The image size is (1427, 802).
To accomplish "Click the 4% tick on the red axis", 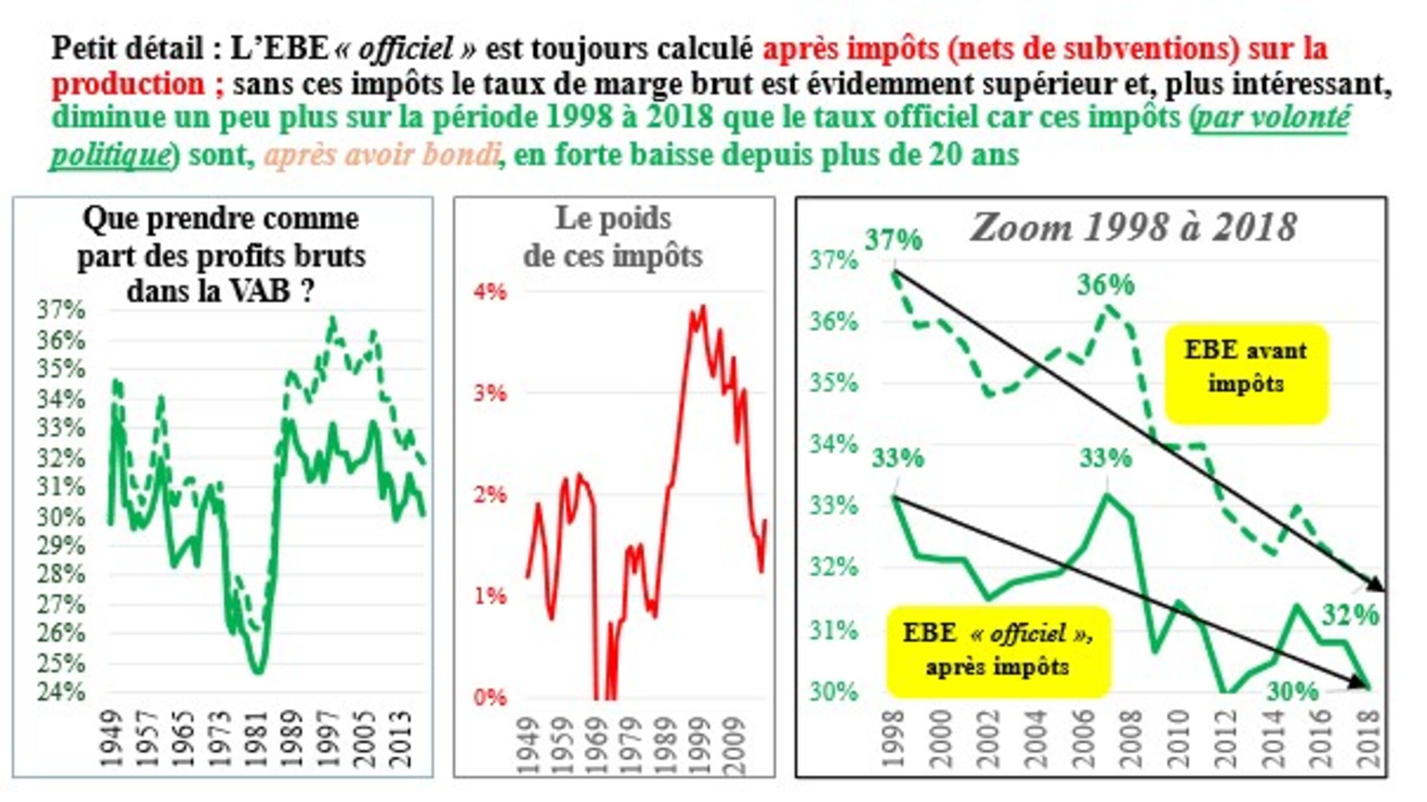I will (490, 291).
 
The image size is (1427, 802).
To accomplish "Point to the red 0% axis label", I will (490, 698).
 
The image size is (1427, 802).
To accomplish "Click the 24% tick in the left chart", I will (60, 692).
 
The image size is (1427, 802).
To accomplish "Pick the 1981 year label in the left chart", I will (257, 740).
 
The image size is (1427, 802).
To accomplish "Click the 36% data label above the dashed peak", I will (1105, 285).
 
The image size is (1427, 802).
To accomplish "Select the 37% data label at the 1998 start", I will (893, 240).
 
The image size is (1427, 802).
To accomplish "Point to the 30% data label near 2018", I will (1292, 692).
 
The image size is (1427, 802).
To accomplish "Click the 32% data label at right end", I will (1350, 615).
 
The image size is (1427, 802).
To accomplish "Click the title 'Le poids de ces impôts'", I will (613, 237).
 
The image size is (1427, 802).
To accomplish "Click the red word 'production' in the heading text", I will (128, 84).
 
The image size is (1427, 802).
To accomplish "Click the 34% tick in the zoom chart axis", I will (833, 444).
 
